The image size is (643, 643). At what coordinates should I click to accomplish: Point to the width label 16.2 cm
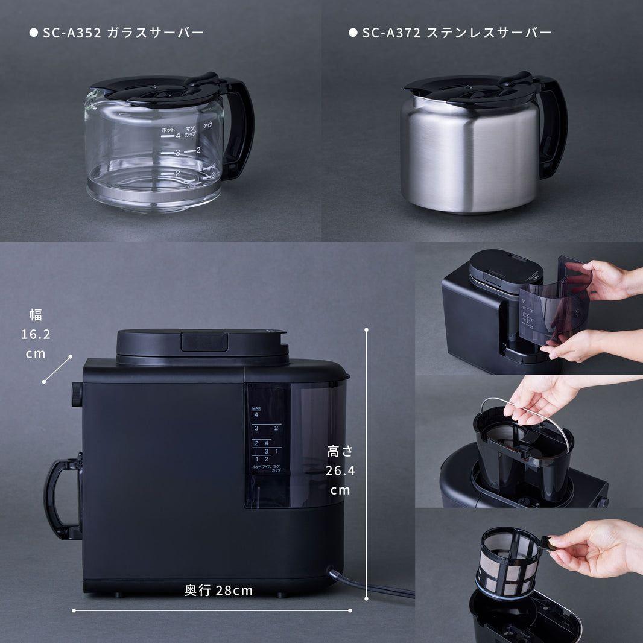pyautogui.click(x=36, y=334)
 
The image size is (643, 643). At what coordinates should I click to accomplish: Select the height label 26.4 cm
pyautogui.click(x=340, y=470)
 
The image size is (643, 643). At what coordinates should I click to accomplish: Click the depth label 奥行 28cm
pyautogui.click(x=218, y=591)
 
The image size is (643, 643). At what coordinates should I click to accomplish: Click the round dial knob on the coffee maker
pyautogui.click(x=77, y=394)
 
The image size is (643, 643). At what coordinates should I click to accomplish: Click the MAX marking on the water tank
pyautogui.click(x=256, y=408)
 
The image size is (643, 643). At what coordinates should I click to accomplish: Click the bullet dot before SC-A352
pyautogui.click(x=33, y=33)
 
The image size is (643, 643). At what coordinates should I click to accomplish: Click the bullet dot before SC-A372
pyautogui.click(x=353, y=33)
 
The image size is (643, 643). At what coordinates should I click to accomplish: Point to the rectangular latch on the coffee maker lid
pyautogui.click(x=204, y=342)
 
